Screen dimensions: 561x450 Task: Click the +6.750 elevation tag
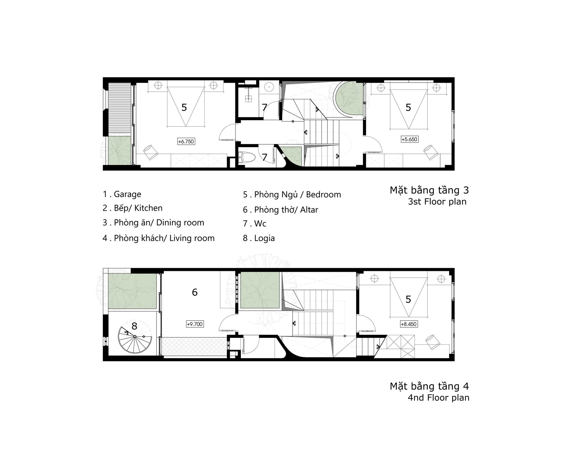[x=186, y=142]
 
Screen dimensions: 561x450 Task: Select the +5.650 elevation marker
[x=410, y=139]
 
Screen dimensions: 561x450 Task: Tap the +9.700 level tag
[x=195, y=324]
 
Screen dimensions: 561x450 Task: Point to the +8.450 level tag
[x=409, y=324]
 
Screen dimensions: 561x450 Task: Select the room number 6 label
[x=195, y=292]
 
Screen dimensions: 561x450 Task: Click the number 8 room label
[x=134, y=326]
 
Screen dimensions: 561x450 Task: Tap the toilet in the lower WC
[x=247, y=158]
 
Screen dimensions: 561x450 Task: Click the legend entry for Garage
[x=122, y=194]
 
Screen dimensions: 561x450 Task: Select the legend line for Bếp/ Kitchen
[x=133, y=208]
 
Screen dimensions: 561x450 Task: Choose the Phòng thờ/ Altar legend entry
[x=280, y=210]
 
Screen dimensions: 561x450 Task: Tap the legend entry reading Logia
[x=259, y=238]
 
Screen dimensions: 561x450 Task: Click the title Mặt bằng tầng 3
[x=429, y=190]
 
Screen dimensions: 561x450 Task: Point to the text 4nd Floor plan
[x=438, y=398]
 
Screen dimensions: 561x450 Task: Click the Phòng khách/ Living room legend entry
[x=158, y=238]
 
